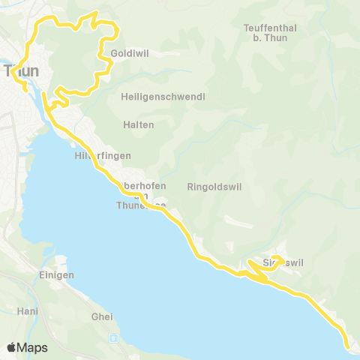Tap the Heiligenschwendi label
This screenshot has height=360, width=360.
pyautogui.click(x=163, y=97)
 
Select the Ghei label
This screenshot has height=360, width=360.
pyautogui.click(x=101, y=316)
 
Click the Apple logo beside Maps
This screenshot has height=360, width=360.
pyautogui.click(x=12, y=347)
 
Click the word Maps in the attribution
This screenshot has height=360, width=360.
pyautogui.click(x=33, y=347)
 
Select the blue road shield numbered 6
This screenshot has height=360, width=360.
pyautogui.click(x=112, y=337)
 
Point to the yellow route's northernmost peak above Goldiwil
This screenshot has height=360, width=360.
pyautogui.click(x=94, y=13)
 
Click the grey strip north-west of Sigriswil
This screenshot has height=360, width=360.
pyautogui.click(x=239, y=223)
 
